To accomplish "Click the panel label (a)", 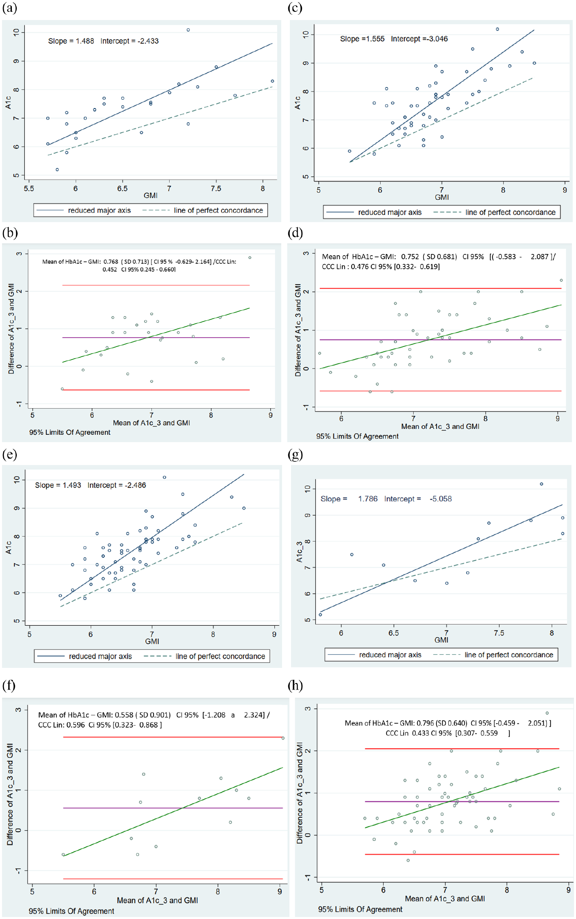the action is tap(9, 8).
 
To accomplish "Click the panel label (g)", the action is tap(295, 454).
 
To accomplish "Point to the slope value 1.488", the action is tap(85, 41).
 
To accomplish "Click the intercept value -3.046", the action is tap(436, 39).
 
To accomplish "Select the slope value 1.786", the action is tap(368, 499).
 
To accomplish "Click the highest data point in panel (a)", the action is tap(188, 30).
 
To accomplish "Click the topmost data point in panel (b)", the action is tap(250, 258).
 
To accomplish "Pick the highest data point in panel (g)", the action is tap(542, 484).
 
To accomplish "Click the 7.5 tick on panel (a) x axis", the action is tap(216, 189).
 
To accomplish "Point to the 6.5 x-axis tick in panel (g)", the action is tap(393, 633).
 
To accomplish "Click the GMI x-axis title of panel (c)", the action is tap(442, 197).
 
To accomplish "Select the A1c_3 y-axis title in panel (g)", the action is tap(299, 551).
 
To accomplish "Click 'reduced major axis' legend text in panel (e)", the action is tap(100, 656).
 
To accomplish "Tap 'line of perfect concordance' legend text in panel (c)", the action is tap(510, 212).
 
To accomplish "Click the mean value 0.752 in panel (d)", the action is tap(410, 256).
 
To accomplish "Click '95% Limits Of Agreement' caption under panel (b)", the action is tap(70, 432).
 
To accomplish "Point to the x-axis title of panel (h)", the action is tap(445, 899).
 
